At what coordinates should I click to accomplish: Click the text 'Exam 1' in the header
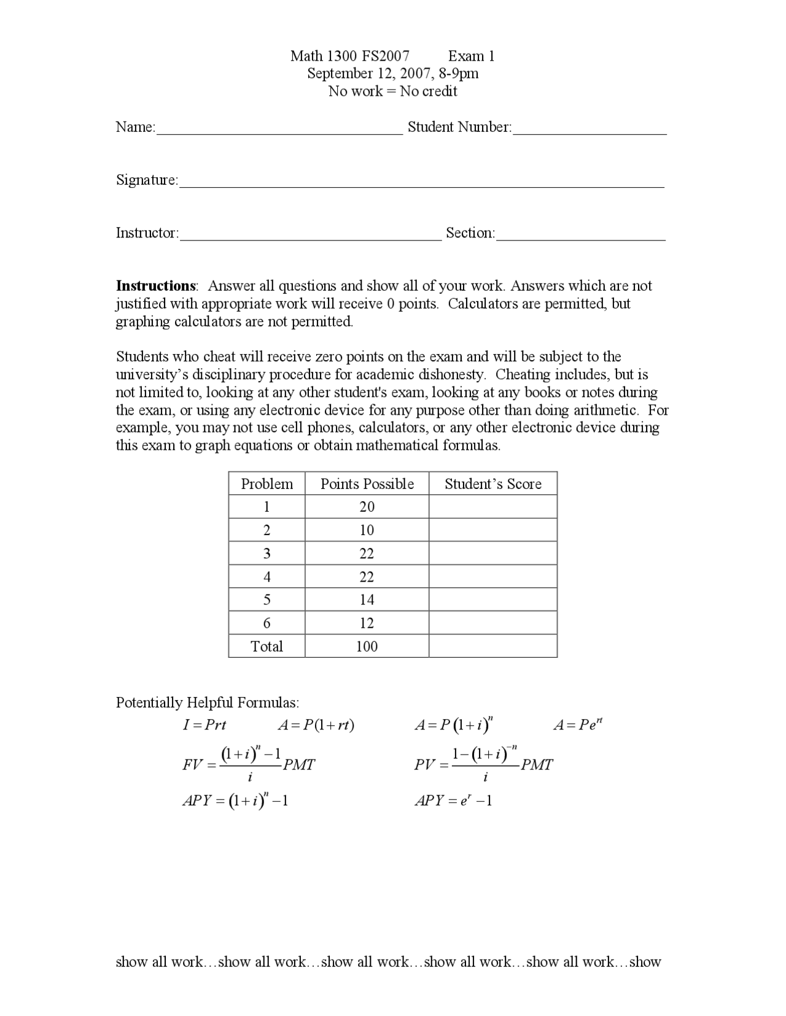(471, 56)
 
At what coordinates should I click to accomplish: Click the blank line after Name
(279, 129)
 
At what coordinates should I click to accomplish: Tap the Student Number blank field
(589, 129)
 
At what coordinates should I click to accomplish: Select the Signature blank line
(421, 182)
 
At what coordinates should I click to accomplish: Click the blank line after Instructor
(311, 235)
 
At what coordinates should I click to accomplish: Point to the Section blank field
(580, 235)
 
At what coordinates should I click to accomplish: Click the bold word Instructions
(156, 286)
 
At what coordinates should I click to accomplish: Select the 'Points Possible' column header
(367, 484)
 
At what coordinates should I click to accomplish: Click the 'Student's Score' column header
(492, 484)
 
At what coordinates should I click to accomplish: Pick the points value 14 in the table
(367, 600)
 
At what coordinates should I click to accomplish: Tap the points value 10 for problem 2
(367, 530)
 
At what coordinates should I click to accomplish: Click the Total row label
(267, 646)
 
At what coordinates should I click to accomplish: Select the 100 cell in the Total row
(367, 646)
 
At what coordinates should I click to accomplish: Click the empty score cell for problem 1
(492, 507)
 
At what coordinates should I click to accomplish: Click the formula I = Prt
(204, 725)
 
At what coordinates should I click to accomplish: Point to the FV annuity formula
(249, 764)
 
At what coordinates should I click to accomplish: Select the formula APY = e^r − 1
(453, 801)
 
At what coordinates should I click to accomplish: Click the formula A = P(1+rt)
(316, 725)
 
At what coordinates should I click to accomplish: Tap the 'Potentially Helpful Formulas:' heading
(208, 702)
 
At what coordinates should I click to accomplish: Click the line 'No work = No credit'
(392, 91)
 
